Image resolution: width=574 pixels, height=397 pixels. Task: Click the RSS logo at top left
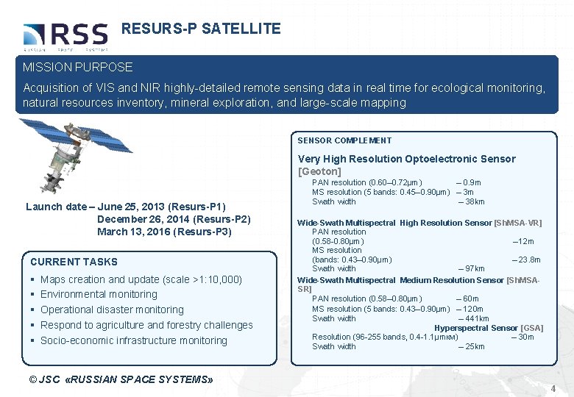65,35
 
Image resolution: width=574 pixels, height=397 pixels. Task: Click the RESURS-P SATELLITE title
201,29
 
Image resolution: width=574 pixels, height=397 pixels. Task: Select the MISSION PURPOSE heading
78,67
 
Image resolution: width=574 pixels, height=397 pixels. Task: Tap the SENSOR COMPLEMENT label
344,140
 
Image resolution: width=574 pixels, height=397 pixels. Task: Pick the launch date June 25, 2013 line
125,207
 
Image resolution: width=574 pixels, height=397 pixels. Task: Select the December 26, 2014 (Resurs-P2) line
174,219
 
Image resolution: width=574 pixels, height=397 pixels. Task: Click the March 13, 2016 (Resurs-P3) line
164,232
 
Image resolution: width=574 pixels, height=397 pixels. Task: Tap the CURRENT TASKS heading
74,262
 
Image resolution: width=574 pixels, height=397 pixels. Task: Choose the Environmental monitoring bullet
99,294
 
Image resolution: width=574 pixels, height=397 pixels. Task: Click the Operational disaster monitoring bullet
112,310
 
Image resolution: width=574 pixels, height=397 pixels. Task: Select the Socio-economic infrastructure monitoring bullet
133,340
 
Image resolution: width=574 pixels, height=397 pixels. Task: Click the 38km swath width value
472,201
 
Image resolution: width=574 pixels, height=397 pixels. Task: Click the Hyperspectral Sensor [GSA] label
489,328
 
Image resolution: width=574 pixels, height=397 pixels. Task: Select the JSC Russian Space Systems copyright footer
118,379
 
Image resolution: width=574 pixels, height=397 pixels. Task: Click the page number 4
552,387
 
